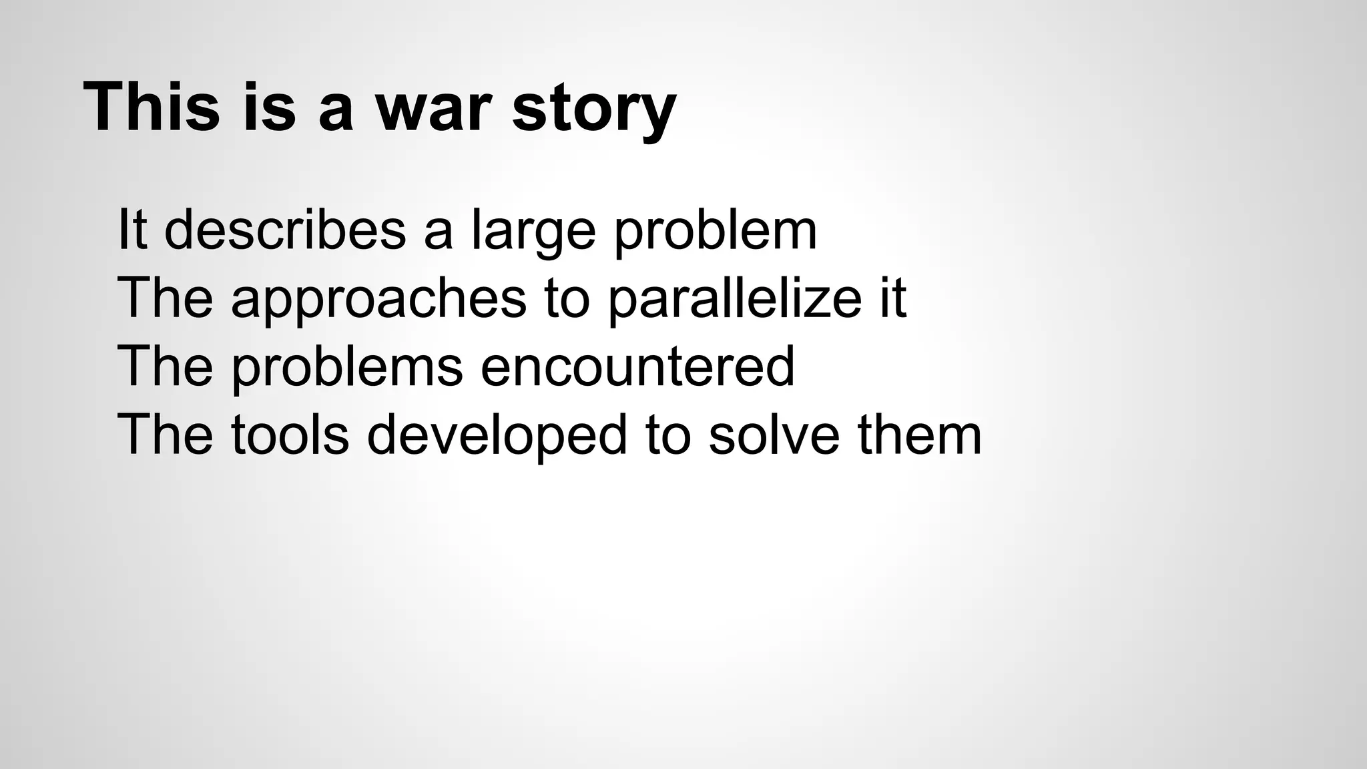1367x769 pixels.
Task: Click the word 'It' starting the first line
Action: (x=131, y=230)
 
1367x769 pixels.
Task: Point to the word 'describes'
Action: (x=285, y=230)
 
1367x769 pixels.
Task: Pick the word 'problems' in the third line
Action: (x=347, y=369)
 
